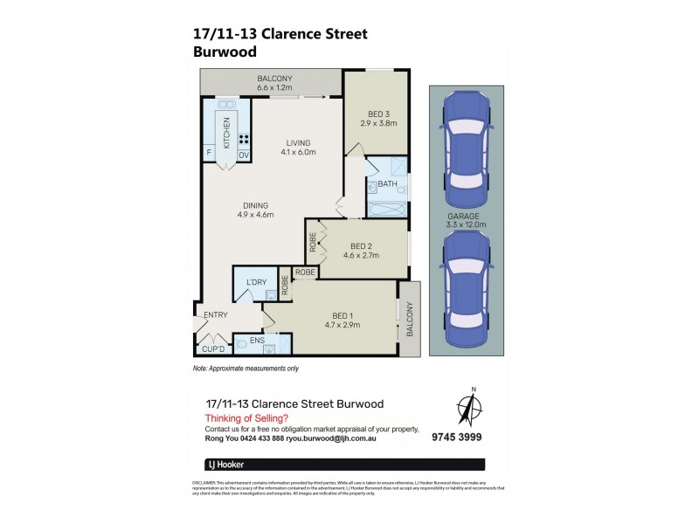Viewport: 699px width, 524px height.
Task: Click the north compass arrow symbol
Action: [473, 410]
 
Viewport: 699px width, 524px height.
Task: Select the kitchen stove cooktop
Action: [244, 138]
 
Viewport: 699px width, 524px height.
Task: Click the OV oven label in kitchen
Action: [244, 155]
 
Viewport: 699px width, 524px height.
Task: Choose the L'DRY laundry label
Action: [255, 281]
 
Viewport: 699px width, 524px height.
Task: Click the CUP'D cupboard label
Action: [214, 348]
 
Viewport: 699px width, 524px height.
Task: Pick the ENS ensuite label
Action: [257, 340]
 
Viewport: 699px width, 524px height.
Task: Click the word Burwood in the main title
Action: [225, 52]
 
